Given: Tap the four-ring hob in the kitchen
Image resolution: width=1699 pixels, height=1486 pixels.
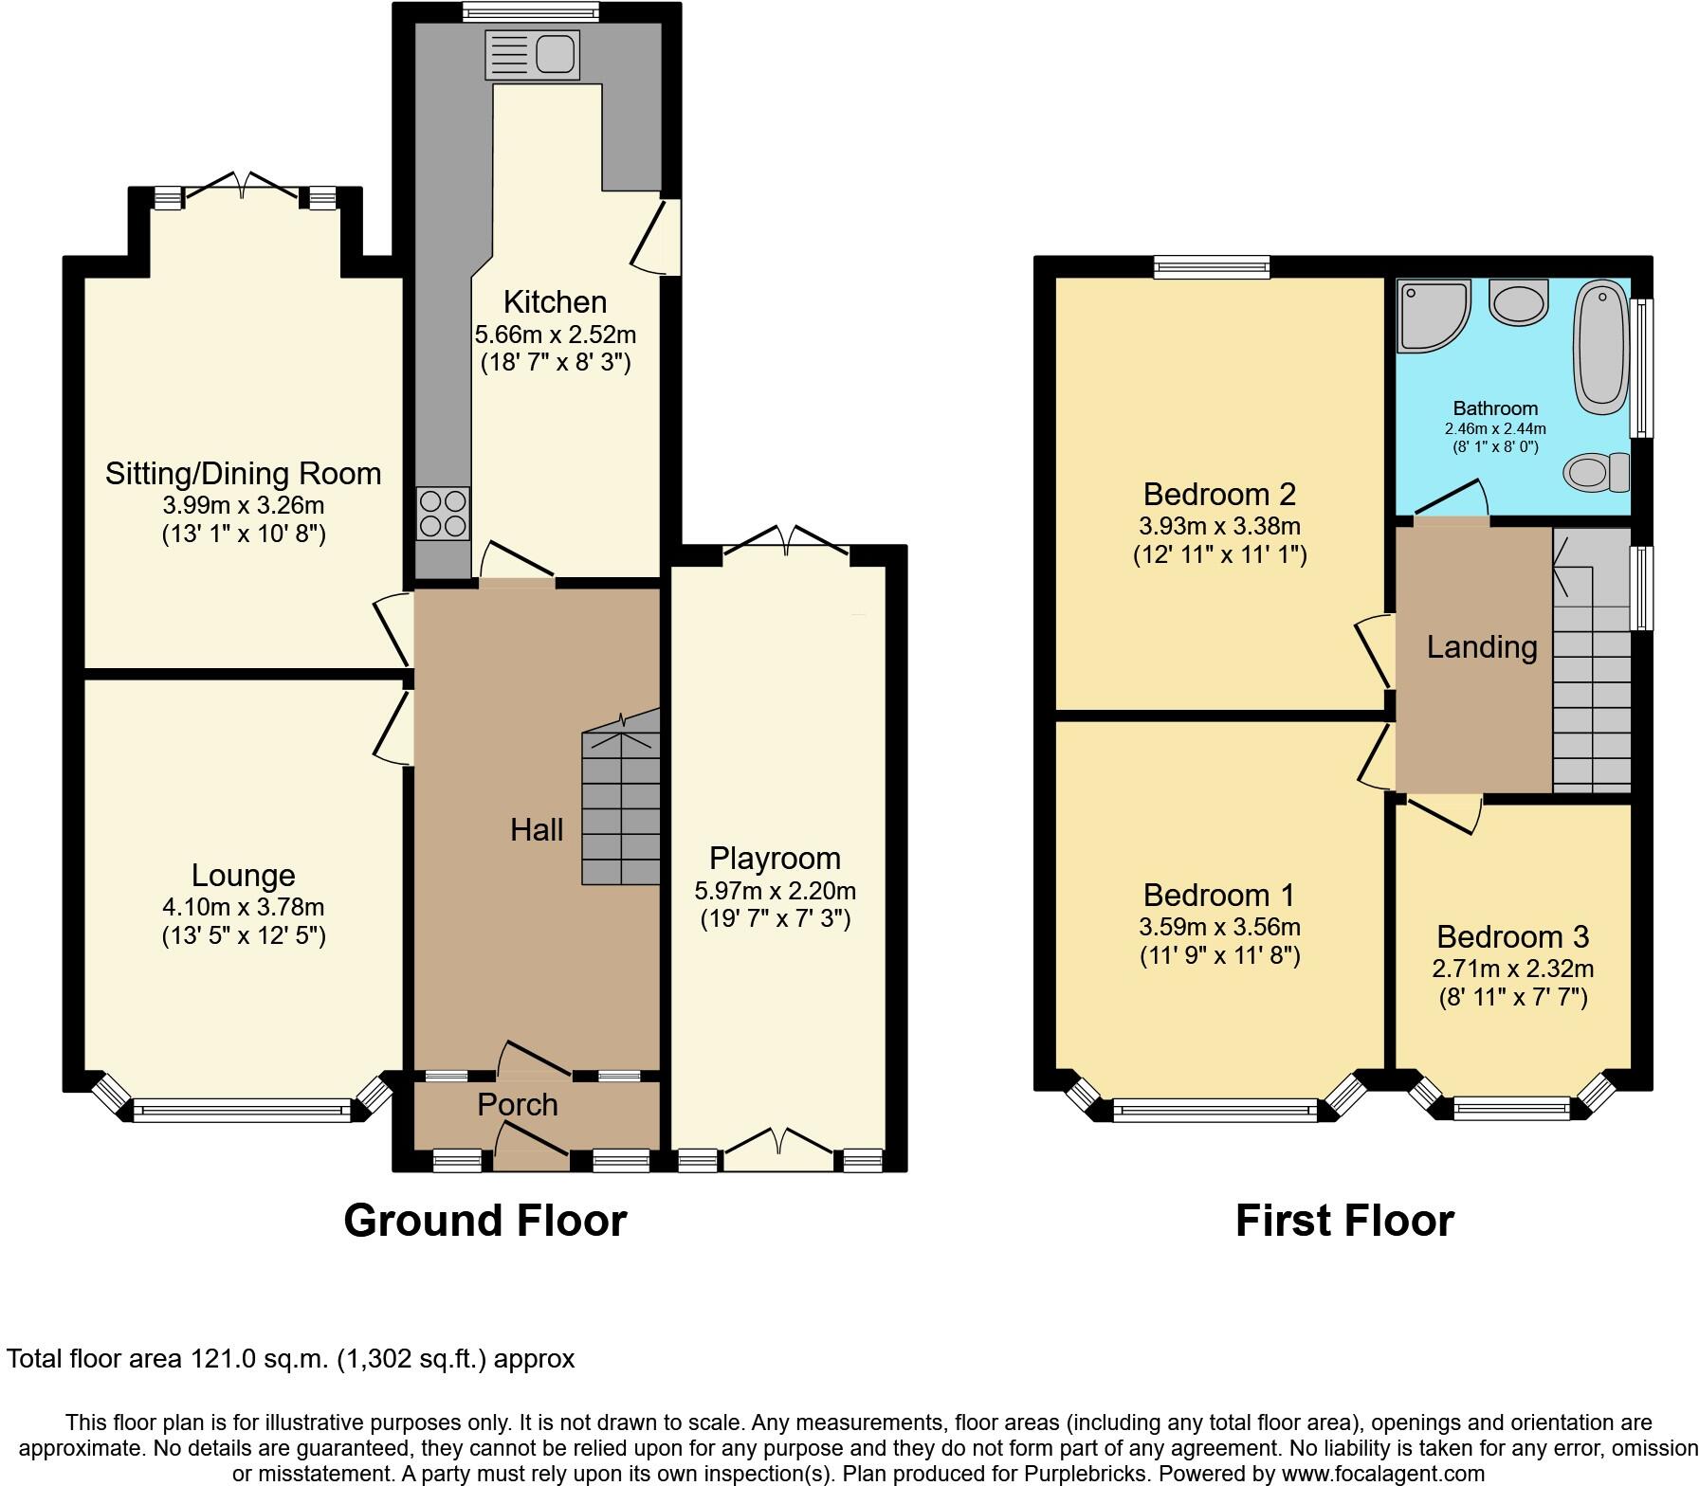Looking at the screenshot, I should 443,513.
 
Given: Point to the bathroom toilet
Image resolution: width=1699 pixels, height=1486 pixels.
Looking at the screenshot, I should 1597,472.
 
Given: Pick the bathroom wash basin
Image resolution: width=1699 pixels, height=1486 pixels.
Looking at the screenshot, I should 1519,301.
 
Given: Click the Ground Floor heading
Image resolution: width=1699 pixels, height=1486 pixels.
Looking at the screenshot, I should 484,1221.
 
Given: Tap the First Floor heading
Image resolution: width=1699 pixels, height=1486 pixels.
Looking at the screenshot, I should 1344,1221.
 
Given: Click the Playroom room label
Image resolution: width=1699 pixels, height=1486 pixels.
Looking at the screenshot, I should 775,859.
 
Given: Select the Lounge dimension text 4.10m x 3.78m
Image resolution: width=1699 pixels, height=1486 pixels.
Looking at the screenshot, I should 244,908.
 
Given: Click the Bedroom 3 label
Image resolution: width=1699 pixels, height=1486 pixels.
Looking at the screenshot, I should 1512,936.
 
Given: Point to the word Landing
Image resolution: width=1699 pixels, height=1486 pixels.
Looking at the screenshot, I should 1482,647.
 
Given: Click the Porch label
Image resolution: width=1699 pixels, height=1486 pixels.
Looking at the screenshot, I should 517,1105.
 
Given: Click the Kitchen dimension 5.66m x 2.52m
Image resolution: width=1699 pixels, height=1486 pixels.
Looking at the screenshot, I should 555,335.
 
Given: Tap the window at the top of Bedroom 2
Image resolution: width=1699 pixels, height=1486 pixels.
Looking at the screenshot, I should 1211,267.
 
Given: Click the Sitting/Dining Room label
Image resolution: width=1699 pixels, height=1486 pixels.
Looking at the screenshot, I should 243,473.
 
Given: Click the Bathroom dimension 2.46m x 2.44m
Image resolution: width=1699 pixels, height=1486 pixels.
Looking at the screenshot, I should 1495,428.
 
